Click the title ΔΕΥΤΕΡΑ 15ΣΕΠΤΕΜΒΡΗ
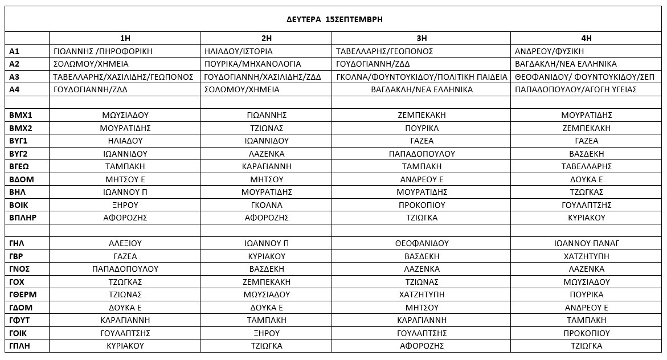[x=334, y=19]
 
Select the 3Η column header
[x=422, y=38]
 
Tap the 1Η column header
[x=125, y=38]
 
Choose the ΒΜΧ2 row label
[x=21, y=128]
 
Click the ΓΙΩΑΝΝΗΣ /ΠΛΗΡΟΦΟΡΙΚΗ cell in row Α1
[x=103, y=51]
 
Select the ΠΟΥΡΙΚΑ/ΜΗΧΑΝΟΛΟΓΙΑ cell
[x=252, y=64]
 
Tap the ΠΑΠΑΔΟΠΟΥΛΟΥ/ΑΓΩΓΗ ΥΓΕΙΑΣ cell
[x=575, y=89]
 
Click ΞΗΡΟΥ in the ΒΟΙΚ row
[x=125, y=204]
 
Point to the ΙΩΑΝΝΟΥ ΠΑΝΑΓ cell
[x=586, y=243]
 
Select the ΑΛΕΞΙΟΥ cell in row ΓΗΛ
[x=125, y=243]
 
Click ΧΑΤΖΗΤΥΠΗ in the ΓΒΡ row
[x=586, y=256]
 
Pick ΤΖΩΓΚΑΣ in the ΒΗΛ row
[x=586, y=192]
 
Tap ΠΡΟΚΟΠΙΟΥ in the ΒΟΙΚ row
[x=422, y=204]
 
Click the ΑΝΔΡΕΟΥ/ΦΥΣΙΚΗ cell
[x=541, y=51]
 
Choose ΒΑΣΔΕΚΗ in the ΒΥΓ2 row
[x=586, y=154]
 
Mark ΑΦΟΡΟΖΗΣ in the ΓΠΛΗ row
[x=422, y=346]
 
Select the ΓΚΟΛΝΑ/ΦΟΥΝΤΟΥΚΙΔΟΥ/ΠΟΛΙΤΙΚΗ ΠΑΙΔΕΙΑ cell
[x=422, y=77]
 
